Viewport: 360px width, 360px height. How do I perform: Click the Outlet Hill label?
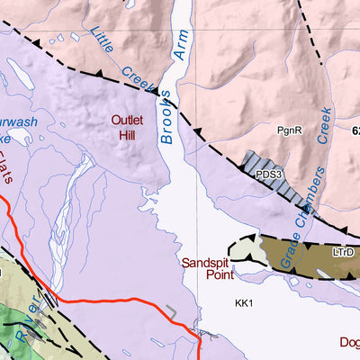pyautogui.click(x=128, y=127)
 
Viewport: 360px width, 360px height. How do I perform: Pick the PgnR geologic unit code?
pyautogui.click(x=289, y=130)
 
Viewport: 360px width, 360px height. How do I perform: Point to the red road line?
pyautogui.click(x=108, y=299)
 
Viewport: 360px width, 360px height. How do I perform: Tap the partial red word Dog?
pyautogui.click(x=349, y=341)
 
